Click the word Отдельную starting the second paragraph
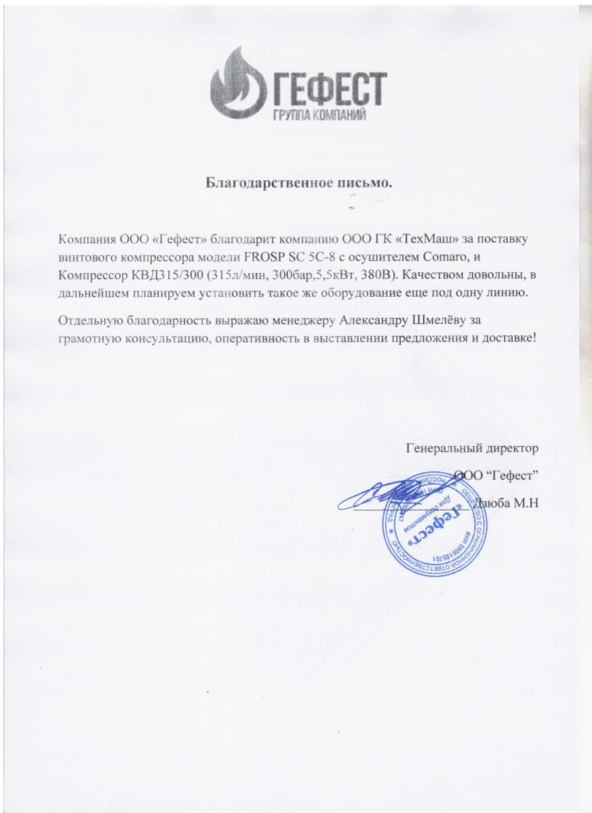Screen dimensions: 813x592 pos(91,320)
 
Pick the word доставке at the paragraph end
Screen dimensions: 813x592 pos(508,337)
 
